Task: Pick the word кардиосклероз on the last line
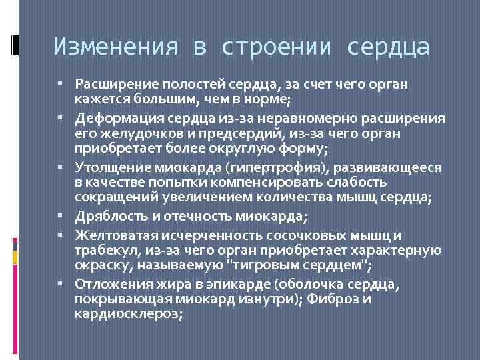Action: click(x=129, y=314)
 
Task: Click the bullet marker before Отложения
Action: click(x=67, y=284)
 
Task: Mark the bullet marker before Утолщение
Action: click(x=67, y=167)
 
